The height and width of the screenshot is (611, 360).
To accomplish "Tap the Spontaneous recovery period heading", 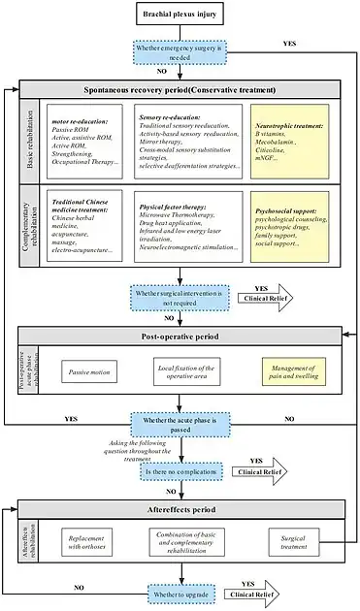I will click(180, 88).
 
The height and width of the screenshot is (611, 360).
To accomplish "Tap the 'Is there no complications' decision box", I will click(180, 471).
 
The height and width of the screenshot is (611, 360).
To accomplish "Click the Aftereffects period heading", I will click(180, 508).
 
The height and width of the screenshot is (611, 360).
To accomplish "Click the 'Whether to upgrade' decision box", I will click(180, 592).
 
